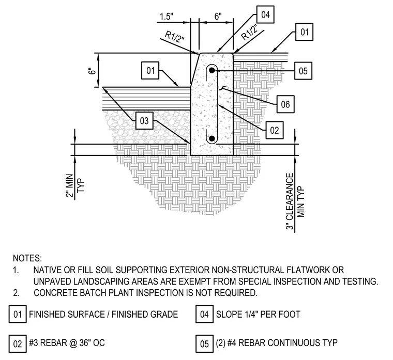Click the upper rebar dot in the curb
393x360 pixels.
(212, 70)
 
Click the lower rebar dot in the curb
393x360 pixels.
(212, 138)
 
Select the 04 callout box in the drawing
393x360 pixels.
(265, 14)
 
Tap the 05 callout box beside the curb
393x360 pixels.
(303, 71)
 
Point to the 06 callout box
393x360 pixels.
(285, 104)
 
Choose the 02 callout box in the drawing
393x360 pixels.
(275, 130)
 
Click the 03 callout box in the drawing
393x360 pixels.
(144, 121)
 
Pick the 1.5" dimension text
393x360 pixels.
(167, 17)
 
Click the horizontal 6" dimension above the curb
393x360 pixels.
(218, 17)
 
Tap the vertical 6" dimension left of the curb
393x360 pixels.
(92, 71)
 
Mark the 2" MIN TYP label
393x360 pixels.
(75, 186)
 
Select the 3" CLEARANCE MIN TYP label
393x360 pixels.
(295, 201)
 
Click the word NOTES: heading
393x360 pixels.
(27, 258)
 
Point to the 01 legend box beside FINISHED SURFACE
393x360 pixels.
(18, 314)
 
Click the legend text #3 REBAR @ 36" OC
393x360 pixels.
(67, 343)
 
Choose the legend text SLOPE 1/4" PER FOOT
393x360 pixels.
(258, 314)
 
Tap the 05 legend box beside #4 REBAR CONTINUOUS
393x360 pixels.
(205, 343)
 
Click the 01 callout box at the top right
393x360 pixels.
(305, 32)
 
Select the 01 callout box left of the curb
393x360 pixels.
(150, 70)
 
